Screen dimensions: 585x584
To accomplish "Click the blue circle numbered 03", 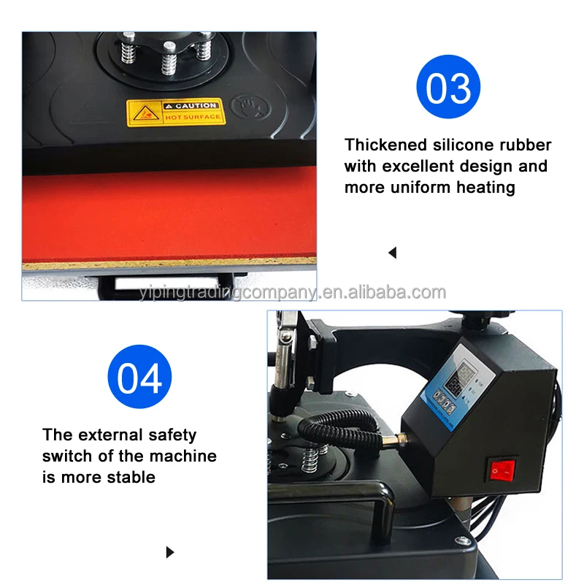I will click(448, 87).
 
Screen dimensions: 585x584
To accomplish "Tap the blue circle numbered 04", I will click(139, 378).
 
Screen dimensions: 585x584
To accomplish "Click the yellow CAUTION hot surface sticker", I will click(174, 112).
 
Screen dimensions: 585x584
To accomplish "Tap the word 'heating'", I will click(485, 187).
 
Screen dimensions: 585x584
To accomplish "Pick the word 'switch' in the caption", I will click(67, 456).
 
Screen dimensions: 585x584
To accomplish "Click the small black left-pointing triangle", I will click(392, 253).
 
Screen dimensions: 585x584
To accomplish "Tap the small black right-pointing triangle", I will click(171, 552).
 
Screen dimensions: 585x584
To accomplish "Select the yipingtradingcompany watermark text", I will click(292, 293).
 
